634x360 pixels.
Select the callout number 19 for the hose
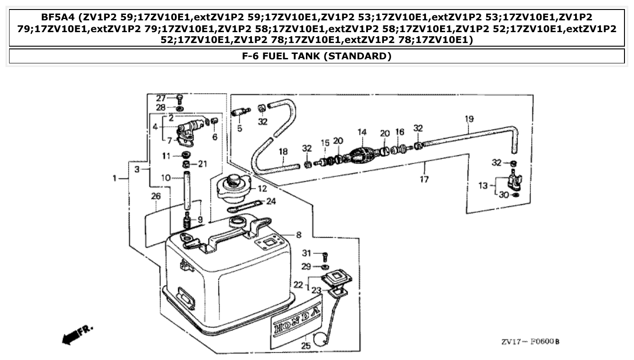point(469,119)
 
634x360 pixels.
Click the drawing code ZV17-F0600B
point(530,341)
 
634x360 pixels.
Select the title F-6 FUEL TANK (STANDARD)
point(317,56)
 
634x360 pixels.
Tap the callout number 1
point(115,179)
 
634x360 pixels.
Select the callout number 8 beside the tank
point(298,235)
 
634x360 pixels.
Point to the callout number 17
point(424,180)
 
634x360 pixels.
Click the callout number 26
point(156,197)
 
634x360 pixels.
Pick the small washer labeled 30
point(515,195)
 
